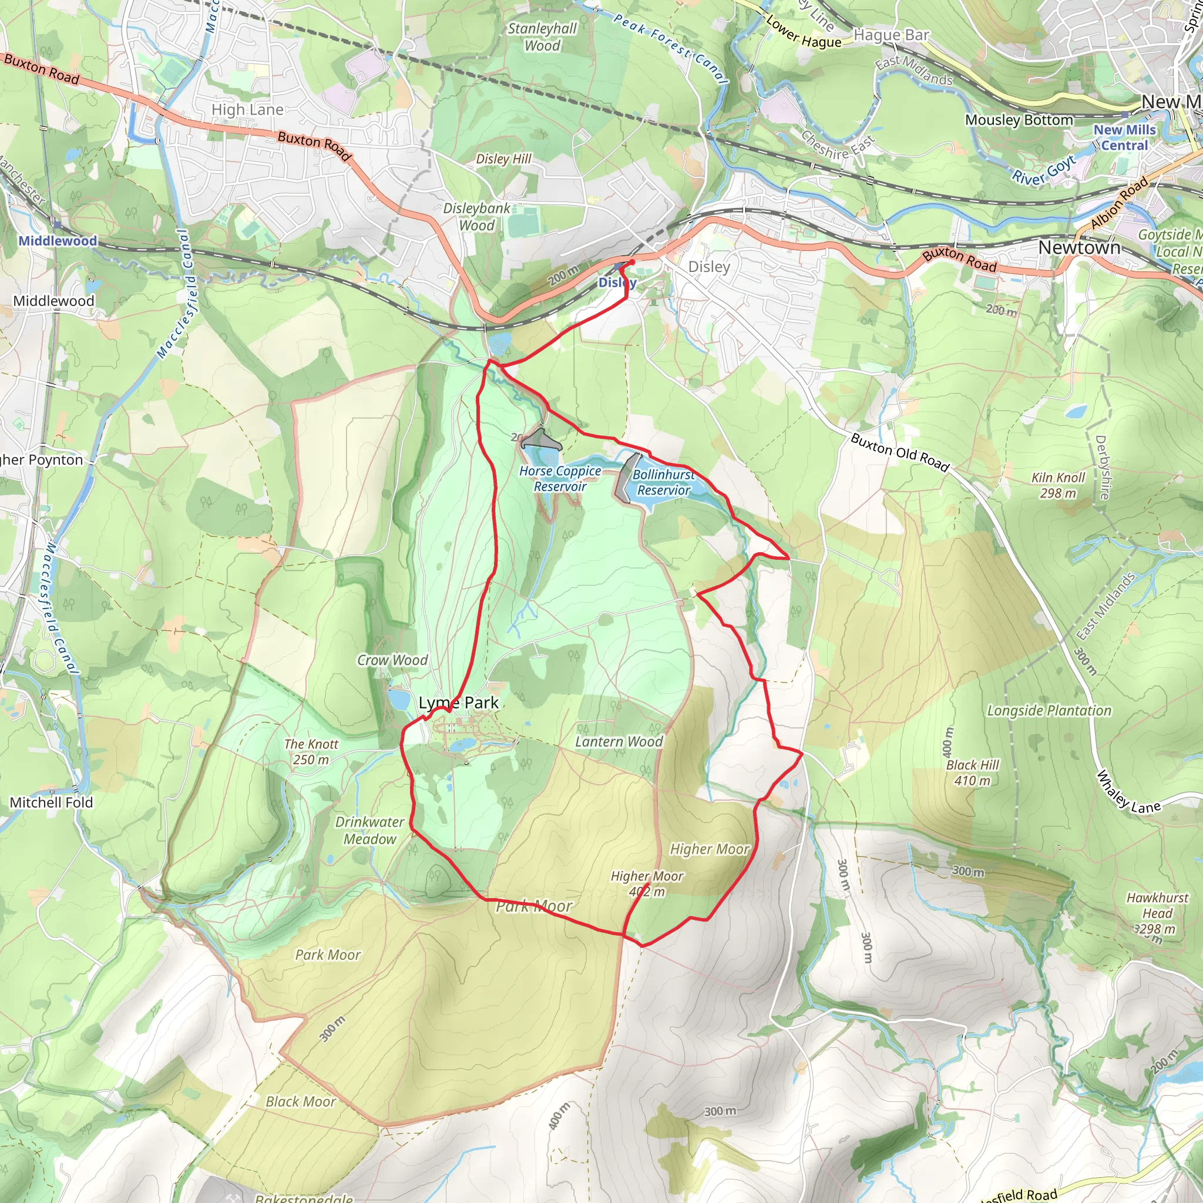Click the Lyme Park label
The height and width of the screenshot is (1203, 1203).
point(458,703)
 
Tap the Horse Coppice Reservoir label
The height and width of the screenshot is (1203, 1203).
point(560,479)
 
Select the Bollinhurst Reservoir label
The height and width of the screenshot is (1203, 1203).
point(664,483)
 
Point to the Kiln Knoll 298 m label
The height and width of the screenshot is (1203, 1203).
point(1058,485)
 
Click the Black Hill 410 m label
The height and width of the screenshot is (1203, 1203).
point(972,773)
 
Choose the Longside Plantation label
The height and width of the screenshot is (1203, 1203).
point(1049,711)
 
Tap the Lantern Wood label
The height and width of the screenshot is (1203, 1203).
point(619,742)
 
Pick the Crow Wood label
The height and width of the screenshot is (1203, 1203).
point(392,660)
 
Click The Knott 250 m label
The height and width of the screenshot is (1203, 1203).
point(311,751)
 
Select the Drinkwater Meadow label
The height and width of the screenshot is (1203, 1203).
point(370,830)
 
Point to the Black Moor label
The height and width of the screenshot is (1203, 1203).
point(301,1101)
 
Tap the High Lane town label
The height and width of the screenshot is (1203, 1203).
point(247,110)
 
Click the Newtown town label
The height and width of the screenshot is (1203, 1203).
point(1079,247)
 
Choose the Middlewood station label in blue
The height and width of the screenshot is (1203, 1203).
point(58,241)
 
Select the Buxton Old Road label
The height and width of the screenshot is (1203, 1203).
point(900,453)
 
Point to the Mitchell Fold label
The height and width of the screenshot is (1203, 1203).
point(51,802)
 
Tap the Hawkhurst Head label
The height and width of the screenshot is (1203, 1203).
point(1158,913)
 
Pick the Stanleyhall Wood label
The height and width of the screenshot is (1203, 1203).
point(542,37)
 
